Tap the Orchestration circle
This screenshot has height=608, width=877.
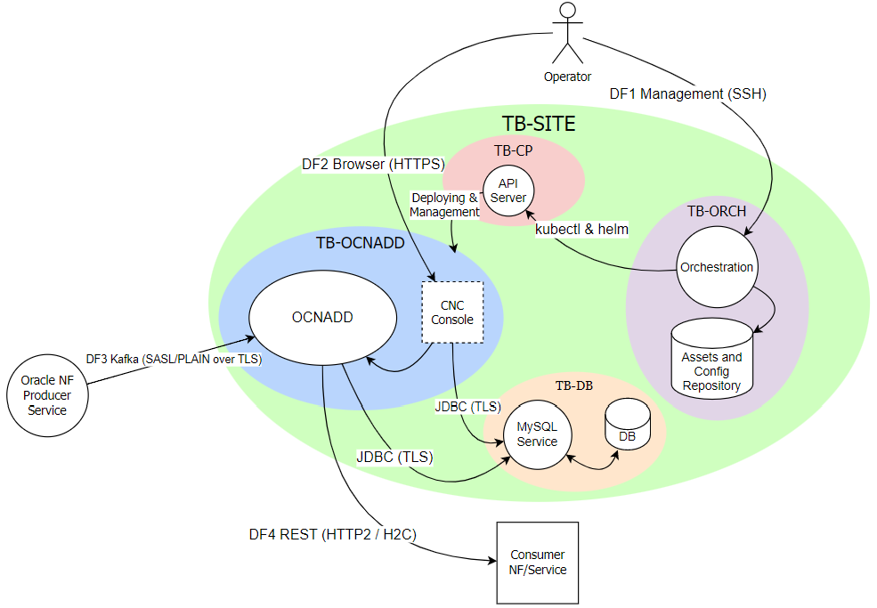point(716,267)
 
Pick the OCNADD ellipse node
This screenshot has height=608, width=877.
point(322,317)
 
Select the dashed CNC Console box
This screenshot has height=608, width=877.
point(451,312)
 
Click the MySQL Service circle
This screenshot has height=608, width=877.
point(537,435)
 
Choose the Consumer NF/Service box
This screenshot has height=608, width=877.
point(538,562)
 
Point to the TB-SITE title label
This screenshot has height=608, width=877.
point(538,124)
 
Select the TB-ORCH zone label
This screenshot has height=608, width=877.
point(716,211)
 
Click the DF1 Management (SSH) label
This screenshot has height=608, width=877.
point(687,93)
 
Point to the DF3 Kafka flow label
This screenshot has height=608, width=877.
point(174,359)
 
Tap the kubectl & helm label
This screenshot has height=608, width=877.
point(581,229)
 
